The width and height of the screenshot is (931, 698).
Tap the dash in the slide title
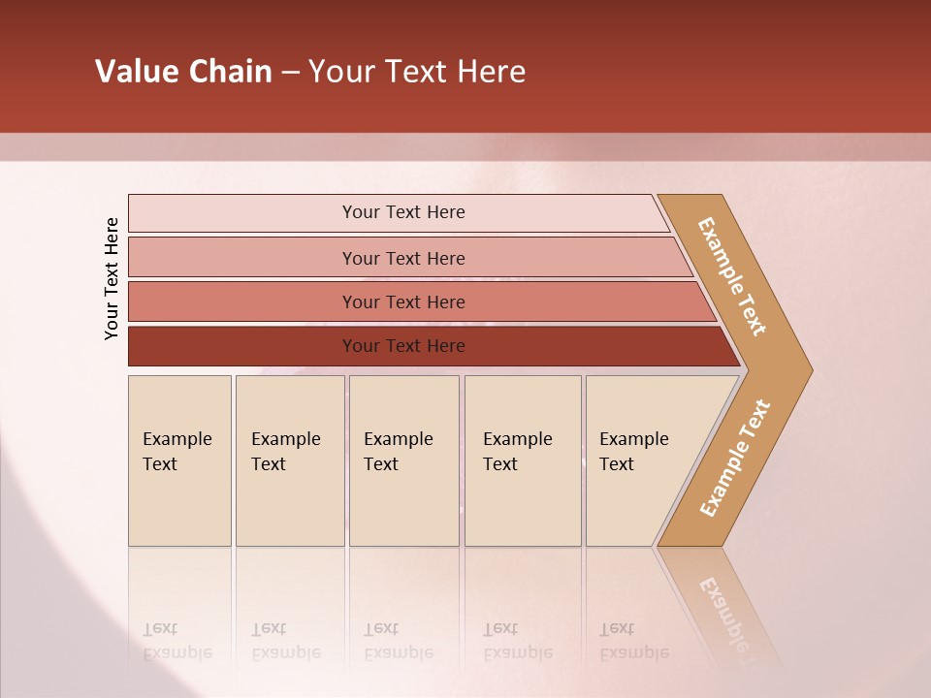click(x=290, y=73)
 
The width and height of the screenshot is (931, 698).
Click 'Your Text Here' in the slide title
click(x=417, y=72)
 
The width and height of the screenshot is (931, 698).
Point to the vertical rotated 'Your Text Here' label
click(x=112, y=278)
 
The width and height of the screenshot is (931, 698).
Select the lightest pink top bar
click(x=403, y=212)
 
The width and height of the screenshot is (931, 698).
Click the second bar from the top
click(x=403, y=258)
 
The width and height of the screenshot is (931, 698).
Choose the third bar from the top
click(x=403, y=301)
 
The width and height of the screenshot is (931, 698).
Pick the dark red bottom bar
click(x=403, y=346)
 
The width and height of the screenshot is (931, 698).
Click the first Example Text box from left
click(x=179, y=460)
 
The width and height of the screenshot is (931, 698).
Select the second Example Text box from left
click(x=290, y=460)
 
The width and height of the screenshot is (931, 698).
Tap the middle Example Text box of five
click(x=403, y=460)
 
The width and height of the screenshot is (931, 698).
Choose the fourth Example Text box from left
click(x=523, y=460)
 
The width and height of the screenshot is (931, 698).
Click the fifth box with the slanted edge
click(x=640, y=460)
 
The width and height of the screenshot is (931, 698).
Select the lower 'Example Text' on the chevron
click(x=734, y=458)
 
